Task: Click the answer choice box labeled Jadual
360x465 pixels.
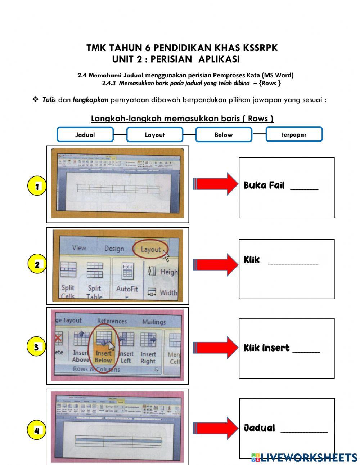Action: click(x=85, y=135)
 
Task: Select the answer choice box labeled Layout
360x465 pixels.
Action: click(x=154, y=135)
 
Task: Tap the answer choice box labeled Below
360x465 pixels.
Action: click(x=224, y=135)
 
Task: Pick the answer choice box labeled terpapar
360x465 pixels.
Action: click(x=294, y=134)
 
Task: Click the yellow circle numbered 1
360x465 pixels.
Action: click(x=37, y=187)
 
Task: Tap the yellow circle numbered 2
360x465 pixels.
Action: click(x=37, y=265)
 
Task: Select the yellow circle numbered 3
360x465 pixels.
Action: click(x=36, y=348)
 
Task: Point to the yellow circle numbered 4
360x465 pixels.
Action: click(x=36, y=430)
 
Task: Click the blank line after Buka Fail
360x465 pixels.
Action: click(x=304, y=188)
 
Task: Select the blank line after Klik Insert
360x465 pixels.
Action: click(x=306, y=350)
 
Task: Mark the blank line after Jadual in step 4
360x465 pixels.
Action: click(x=304, y=430)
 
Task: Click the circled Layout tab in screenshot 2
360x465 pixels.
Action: click(x=150, y=249)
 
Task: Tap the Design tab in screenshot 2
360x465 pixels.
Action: click(x=114, y=249)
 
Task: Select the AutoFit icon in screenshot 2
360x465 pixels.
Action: click(x=127, y=277)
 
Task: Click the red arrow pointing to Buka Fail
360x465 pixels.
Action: click(x=215, y=184)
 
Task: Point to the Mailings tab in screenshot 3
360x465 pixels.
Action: click(x=154, y=322)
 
